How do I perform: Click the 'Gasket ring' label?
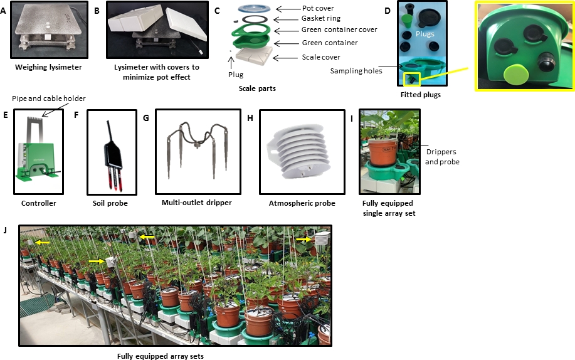click(x=321, y=18)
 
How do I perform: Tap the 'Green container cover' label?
click(x=339, y=29)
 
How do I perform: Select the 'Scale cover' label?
click(x=321, y=57)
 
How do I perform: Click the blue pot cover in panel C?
click(x=254, y=8)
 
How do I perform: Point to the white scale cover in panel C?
click(x=254, y=55)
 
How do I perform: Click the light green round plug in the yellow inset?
click(x=515, y=75)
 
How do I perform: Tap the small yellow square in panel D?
click(x=412, y=79)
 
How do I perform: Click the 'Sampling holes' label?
click(x=356, y=71)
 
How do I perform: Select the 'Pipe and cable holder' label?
click(x=49, y=98)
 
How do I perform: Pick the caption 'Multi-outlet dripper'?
click(x=196, y=203)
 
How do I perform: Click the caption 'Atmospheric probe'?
click(x=302, y=203)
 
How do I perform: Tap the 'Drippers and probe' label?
click(x=442, y=157)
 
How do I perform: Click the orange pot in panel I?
click(x=383, y=151)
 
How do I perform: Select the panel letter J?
click(x=5, y=230)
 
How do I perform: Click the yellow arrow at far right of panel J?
click(x=304, y=239)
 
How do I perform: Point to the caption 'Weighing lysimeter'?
click(x=48, y=67)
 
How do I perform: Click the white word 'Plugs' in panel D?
click(x=425, y=34)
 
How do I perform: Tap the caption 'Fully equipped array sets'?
click(x=161, y=356)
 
